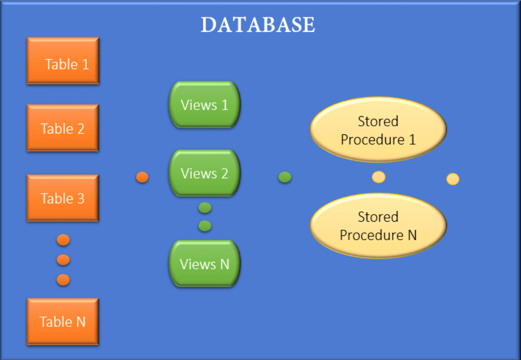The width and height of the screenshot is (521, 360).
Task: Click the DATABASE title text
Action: coord(258,25)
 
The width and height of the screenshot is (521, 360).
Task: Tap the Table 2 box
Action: coord(63,128)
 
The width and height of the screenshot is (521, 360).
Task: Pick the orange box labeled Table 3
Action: coord(63,198)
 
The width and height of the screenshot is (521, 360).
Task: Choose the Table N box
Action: coord(63,322)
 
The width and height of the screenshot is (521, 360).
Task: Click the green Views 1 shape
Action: coord(204,105)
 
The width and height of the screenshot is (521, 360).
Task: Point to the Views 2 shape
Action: coord(204,173)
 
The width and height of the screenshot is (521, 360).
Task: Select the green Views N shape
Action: coord(204,264)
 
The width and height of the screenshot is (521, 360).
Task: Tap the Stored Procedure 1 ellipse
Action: coord(378,130)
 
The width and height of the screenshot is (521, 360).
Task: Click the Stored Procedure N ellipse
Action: coord(378,226)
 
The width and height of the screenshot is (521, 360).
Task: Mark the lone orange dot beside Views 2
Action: coord(142,177)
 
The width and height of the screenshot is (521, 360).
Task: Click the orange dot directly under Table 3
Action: coord(63,240)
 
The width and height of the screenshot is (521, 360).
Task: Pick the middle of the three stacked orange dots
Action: coord(63,260)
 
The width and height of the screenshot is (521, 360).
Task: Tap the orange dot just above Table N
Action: coord(63,280)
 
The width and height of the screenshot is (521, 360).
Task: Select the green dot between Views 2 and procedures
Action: coord(285,177)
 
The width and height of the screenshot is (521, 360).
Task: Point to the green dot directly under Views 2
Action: coord(205,208)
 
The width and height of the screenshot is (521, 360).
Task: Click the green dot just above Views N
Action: coord(205,226)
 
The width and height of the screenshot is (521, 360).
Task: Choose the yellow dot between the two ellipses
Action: coord(378,177)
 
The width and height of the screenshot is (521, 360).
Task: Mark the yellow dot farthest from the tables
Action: coord(453,179)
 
